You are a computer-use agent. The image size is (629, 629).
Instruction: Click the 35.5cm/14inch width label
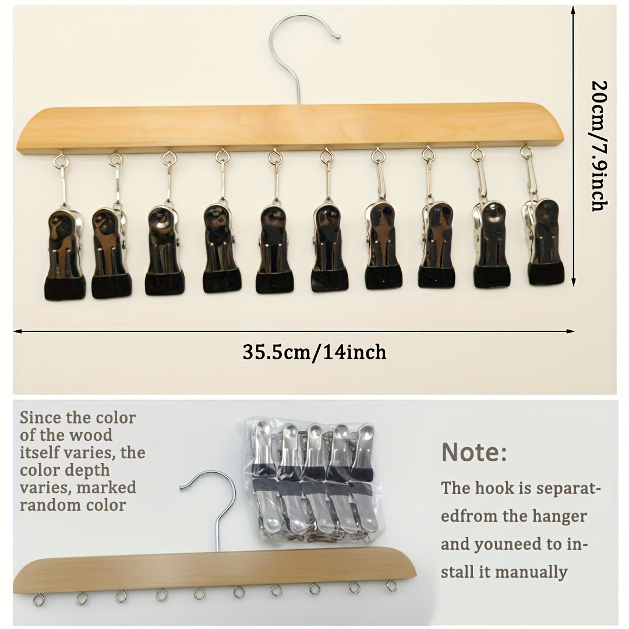tap(314, 352)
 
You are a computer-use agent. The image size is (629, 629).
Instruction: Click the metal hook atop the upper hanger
tap(297, 56)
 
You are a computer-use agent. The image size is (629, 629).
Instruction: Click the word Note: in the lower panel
tap(473, 452)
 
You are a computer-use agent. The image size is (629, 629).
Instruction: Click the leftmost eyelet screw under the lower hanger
tap(38, 600)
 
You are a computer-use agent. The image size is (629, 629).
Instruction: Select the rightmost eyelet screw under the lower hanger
tap(391, 586)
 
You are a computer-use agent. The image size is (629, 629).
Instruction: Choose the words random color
tap(73, 504)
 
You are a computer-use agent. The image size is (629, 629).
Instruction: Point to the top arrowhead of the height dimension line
tap(574, 10)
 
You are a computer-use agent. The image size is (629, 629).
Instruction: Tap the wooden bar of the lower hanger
tap(214, 570)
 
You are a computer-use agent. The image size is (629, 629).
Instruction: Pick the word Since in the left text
tap(41, 418)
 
